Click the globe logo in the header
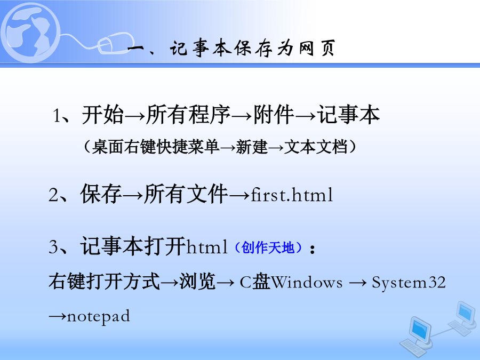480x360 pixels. (x=30, y=33)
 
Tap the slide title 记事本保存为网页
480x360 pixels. (x=253, y=49)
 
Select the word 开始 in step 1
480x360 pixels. (x=102, y=115)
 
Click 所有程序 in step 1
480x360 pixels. (x=188, y=115)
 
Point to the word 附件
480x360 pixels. (x=274, y=115)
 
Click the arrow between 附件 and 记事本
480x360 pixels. (x=305, y=116)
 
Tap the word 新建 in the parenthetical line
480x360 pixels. (x=252, y=147)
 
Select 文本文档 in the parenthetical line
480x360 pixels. (x=316, y=147)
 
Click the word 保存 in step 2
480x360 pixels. (x=101, y=194)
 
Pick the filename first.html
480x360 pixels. (x=292, y=195)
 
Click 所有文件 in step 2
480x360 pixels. (x=186, y=194)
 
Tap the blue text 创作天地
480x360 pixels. (x=268, y=247)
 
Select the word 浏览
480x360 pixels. (x=197, y=281)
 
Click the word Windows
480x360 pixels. (x=307, y=282)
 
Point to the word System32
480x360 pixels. (x=409, y=282)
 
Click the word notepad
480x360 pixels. (x=98, y=316)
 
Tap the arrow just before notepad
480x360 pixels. (x=58, y=316)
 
